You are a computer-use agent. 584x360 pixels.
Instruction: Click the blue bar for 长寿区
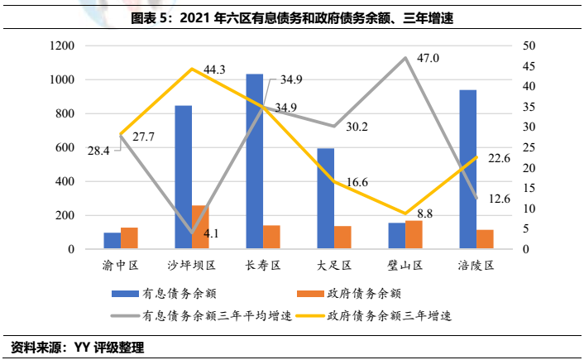255,161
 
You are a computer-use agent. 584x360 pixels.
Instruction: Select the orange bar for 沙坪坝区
200,228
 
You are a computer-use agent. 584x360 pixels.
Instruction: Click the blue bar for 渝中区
112,241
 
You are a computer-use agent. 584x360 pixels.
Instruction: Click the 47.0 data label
428,58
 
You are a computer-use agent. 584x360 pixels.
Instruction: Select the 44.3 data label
214,70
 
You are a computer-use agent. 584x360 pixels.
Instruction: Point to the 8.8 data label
426,214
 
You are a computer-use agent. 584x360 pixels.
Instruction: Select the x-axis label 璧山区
405,266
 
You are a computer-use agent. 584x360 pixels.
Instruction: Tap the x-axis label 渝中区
121,266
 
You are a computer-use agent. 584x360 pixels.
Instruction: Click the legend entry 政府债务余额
364,293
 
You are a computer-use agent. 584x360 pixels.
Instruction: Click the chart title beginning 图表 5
292,17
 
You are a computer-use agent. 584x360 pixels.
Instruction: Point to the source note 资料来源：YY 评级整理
78,347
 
